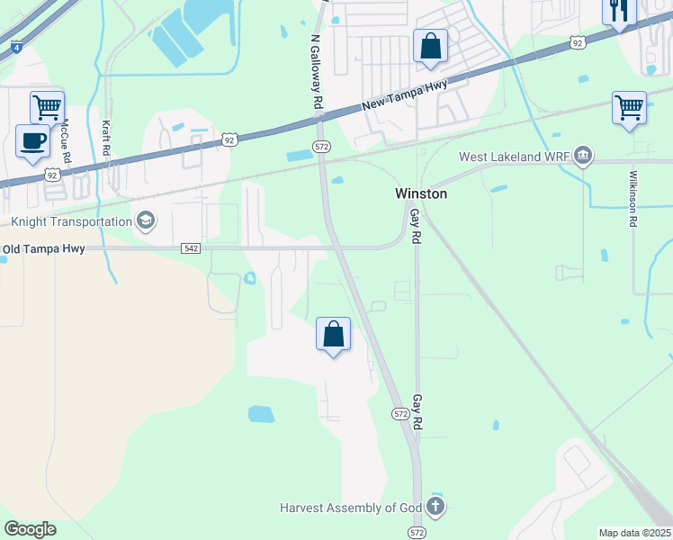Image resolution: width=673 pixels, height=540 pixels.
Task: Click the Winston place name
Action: (421, 193)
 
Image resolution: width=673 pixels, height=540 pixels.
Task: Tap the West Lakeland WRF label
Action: (514, 157)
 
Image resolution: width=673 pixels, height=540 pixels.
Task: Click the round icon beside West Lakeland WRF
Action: (583, 157)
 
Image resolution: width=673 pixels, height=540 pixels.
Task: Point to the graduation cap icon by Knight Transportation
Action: (144, 220)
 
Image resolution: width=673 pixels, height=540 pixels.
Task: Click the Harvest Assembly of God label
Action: (350, 508)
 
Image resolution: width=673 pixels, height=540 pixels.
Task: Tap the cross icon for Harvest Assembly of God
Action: (435, 507)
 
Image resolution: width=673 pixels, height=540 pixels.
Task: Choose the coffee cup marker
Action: (33, 141)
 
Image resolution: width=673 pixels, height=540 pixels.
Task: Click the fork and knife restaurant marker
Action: (618, 11)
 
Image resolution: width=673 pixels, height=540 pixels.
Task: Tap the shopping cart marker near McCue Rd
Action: (47, 107)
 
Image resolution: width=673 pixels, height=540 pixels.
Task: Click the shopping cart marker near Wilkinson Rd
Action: (629, 107)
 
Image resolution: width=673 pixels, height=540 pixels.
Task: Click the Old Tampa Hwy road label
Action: (44, 249)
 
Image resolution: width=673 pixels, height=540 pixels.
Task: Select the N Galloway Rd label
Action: (316, 72)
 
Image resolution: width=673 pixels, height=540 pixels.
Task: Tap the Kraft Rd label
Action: (105, 139)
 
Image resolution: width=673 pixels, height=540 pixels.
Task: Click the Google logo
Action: (30, 529)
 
